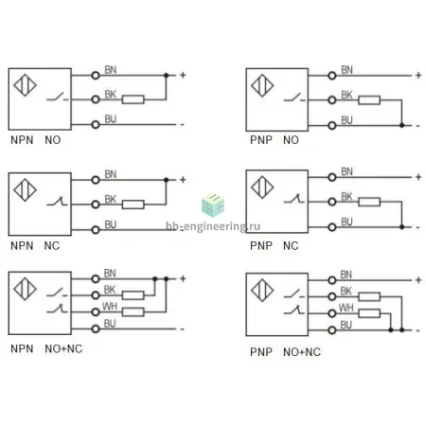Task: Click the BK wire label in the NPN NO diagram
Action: coord(111,95)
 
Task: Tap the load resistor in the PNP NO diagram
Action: coord(369,100)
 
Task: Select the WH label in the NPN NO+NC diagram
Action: coord(110,307)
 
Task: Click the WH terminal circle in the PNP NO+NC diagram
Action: coord(332,313)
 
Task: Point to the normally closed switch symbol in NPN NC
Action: coord(57,201)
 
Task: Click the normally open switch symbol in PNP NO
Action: coord(294,98)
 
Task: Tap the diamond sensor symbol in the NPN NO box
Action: coord(25,85)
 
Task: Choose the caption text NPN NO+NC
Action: coord(46,348)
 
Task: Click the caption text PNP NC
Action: coord(274,245)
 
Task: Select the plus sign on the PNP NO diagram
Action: coord(418,75)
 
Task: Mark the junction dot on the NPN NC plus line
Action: coord(167,180)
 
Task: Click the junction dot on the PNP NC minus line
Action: coord(401,227)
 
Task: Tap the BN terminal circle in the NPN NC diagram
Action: coord(96,180)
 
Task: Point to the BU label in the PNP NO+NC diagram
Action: coord(346,325)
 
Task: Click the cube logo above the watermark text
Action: coord(213,205)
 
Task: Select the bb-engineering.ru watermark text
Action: coord(213,226)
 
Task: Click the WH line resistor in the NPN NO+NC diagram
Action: coord(133,312)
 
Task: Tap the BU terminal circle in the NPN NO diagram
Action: coord(96,125)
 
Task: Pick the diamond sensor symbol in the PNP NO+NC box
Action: coord(262,291)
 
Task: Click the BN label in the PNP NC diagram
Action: coord(346,171)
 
